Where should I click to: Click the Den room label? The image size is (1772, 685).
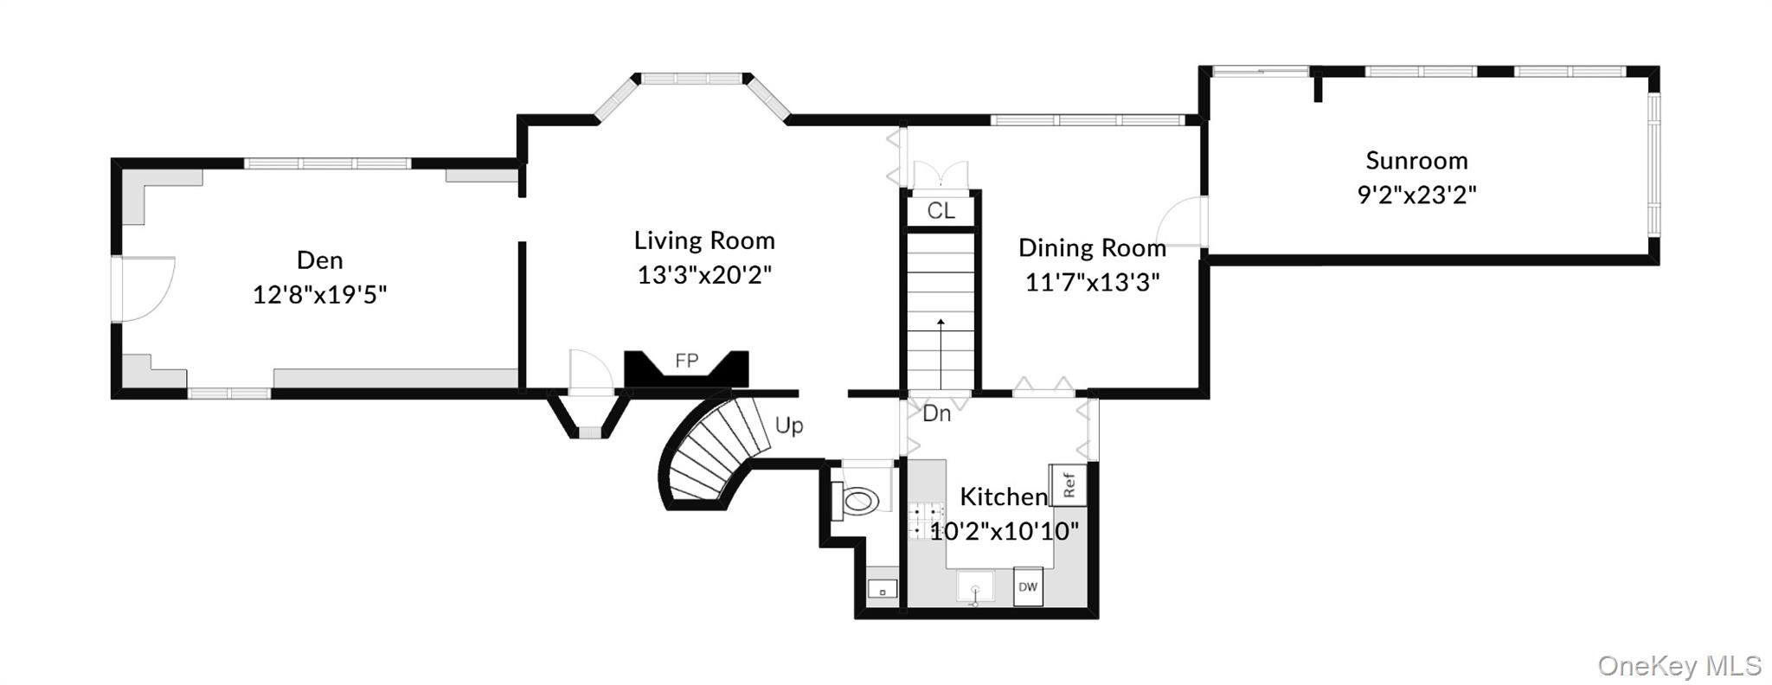click(319, 260)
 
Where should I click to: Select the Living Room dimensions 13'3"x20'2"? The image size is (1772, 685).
click(704, 275)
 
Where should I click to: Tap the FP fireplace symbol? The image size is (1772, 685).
click(686, 362)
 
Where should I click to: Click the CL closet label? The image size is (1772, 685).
click(941, 211)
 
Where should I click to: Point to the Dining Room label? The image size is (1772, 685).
click(1092, 248)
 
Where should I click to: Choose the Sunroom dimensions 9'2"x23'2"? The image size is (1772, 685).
click(1416, 195)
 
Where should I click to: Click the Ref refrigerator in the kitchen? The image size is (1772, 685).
click(1068, 484)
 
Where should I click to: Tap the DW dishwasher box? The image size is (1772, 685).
click(1027, 587)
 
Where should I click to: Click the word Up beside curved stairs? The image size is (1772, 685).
click(788, 426)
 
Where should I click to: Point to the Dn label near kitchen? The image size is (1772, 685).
click(936, 413)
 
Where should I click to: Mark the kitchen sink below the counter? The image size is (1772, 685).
click(975, 588)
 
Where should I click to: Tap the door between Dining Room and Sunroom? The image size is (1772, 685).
click(1184, 221)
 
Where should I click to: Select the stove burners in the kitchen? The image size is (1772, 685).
click(925, 520)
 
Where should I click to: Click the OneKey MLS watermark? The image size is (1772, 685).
click(1679, 665)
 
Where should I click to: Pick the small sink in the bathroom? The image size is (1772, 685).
click(882, 590)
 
